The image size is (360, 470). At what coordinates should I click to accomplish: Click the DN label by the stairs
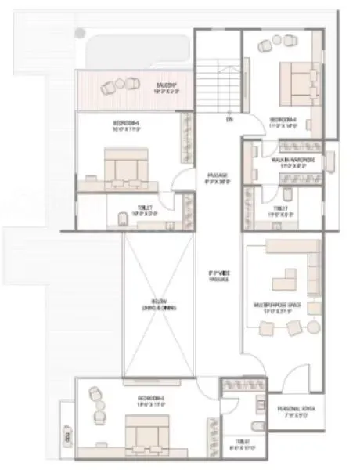tap(229, 120)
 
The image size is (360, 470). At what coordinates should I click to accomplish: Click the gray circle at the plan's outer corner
tap(81, 32)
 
